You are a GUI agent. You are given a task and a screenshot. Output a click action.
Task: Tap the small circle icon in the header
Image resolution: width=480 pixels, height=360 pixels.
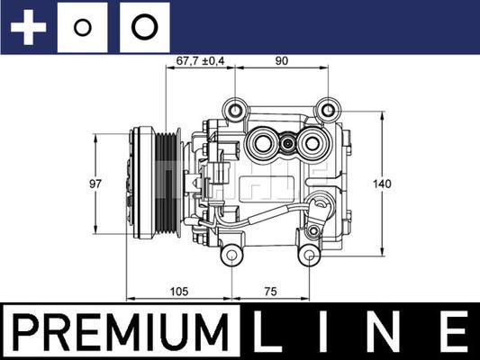(x=82, y=27)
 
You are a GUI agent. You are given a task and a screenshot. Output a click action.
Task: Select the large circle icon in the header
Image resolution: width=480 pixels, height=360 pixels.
(x=142, y=27)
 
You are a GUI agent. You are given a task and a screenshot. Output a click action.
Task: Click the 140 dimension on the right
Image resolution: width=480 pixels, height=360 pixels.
(x=383, y=184)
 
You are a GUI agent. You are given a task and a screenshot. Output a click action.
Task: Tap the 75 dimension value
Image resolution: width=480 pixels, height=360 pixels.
(x=271, y=291)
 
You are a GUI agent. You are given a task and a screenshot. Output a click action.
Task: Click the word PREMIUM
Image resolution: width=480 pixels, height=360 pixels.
(x=120, y=333)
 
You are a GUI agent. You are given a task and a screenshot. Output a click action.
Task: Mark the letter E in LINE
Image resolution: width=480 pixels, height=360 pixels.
(x=453, y=333)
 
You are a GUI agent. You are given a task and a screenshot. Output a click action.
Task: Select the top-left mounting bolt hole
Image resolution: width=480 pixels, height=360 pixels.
(x=237, y=110)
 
